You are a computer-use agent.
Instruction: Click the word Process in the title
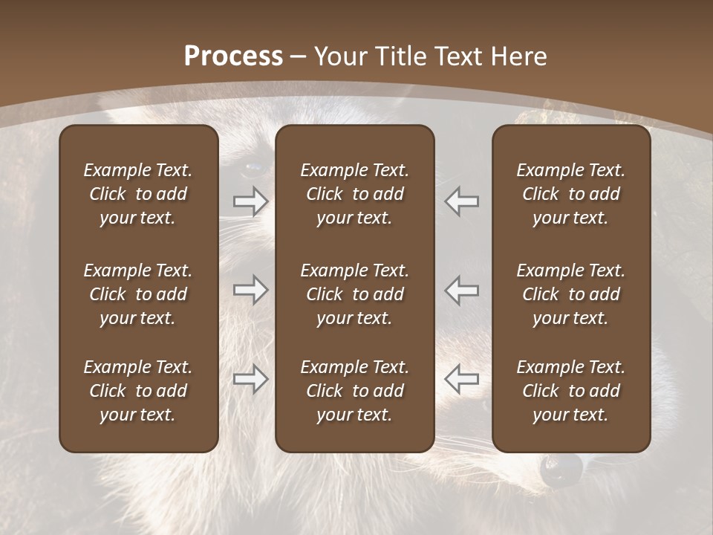[x=233, y=56]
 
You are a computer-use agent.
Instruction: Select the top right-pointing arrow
[x=250, y=201]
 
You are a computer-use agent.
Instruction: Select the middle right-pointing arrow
[x=250, y=290]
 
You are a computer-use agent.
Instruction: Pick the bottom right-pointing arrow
[x=250, y=379]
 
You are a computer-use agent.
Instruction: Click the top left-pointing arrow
[x=461, y=201]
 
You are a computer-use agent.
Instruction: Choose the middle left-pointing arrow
[x=461, y=290]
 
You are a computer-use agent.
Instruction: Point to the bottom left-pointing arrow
[x=461, y=379]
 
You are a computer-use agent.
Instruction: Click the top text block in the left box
[x=138, y=194]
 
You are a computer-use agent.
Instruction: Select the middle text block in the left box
[x=138, y=294]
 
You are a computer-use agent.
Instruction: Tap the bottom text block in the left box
[x=138, y=391]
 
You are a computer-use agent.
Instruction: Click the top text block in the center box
[x=354, y=194]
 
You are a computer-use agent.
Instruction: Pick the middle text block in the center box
[x=354, y=294]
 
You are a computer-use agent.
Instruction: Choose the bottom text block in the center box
[x=354, y=391]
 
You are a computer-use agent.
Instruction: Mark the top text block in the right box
[x=570, y=194]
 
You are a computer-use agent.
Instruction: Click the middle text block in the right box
[x=570, y=294]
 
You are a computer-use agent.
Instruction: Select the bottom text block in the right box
[x=570, y=391]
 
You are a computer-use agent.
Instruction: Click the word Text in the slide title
[x=458, y=56]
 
